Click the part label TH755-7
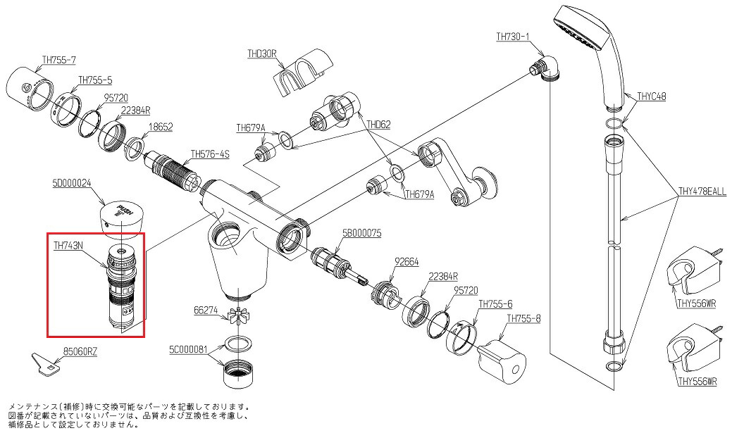click(59, 60)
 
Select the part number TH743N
click(68, 245)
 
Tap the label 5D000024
click(71, 182)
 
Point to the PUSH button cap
click(123, 219)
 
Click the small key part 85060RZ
click(46, 363)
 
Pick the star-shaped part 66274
click(239, 316)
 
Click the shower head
click(593, 53)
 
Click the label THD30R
click(261, 54)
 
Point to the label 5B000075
click(361, 233)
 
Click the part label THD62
click(378, 125)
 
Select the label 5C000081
click(188, 350)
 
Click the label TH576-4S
click(210, 154)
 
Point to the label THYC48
click(652, 96)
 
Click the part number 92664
click(407, 261)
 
